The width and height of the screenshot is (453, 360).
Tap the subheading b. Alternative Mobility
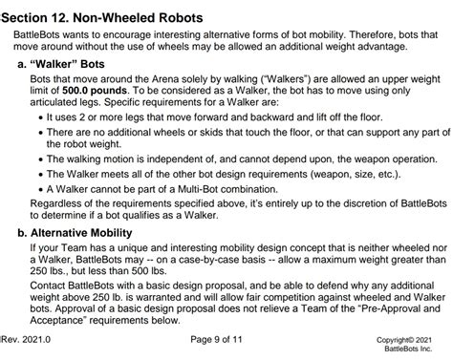click(85, 231)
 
